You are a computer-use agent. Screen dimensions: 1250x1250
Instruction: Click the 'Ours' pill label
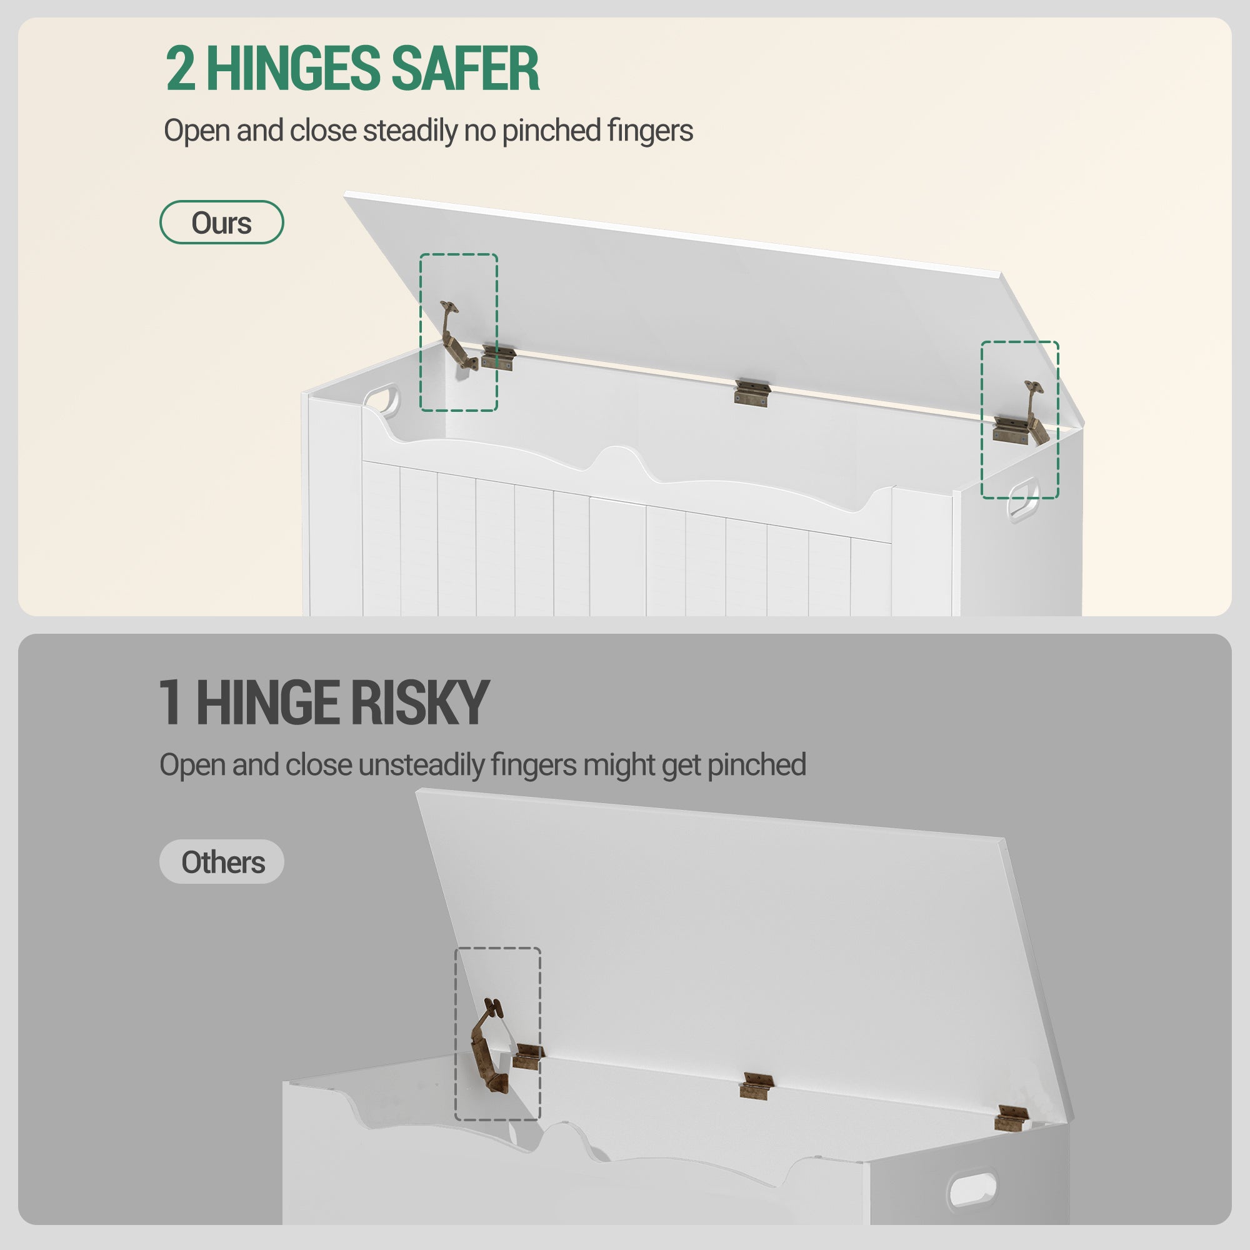(221, 222)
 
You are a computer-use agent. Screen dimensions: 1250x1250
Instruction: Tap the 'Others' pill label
(222, 862)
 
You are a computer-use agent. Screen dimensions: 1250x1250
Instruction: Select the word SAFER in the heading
(465, 69)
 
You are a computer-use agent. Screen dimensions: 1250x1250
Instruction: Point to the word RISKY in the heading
(420, 702)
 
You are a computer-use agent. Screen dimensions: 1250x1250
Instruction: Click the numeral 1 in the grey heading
(170, 702)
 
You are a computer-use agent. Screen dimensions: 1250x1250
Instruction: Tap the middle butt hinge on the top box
(751, 392)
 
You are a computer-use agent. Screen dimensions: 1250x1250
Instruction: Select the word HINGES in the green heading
(293, 69)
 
